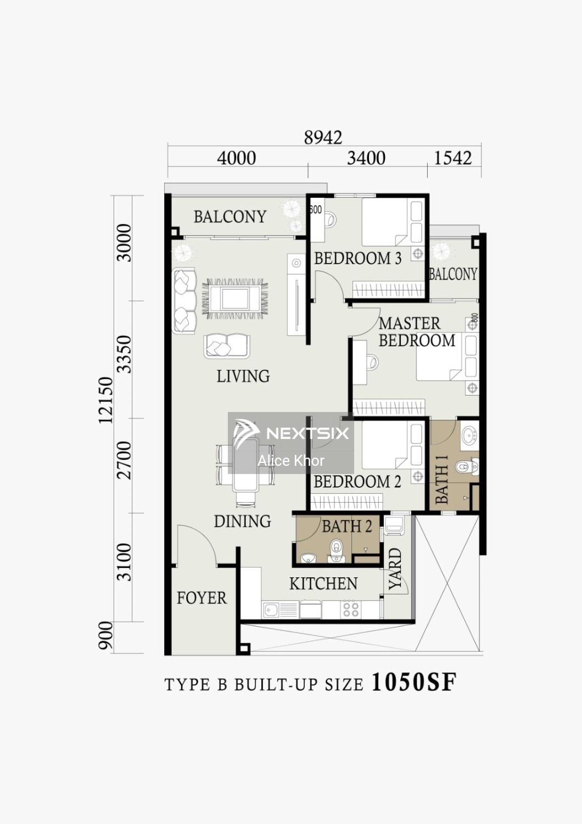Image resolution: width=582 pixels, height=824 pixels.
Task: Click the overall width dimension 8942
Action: pos(323,137)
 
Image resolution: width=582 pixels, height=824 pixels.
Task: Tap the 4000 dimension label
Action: pos(237,158)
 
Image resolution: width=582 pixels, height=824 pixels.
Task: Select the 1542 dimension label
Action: pos(452,158)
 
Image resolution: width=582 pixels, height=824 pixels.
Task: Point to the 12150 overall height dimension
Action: pos(105,400)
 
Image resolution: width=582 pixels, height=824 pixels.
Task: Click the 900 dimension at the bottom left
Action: pos(105,640)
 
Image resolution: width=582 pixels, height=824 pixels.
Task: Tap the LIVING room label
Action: pos(243,376)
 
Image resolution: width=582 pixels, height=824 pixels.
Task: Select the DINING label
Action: pos(242,521)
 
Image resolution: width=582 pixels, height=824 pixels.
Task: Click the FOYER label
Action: pos(202,598)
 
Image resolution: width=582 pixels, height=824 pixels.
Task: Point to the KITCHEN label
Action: pos(323,583)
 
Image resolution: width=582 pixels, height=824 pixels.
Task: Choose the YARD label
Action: pos(395,569)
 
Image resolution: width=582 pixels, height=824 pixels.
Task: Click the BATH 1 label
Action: pos(441,480)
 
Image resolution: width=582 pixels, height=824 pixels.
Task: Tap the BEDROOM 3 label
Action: pos(357,258)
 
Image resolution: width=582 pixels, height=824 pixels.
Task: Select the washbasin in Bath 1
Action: pos(468,436)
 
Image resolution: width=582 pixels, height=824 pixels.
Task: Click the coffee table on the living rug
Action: pos(235,298)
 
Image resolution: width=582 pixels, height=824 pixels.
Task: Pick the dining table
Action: pos(245,464)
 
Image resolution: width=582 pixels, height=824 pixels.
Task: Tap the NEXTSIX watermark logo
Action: pos(291,433)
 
